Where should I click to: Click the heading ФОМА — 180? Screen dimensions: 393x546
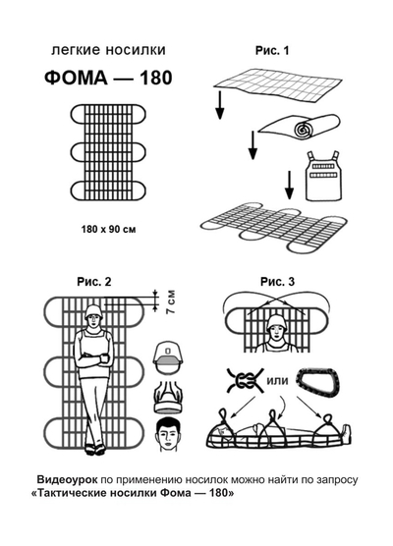coord(108,78)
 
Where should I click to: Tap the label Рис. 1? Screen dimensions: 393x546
coord(272,50)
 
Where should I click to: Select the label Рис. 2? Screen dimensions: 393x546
coord(94,282)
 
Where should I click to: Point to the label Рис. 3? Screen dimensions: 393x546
coord(277,282)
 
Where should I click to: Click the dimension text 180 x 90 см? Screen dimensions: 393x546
coord(108,230)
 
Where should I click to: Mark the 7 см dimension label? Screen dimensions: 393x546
coord(171,301)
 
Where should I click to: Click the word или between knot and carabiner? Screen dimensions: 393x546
coord(277,381)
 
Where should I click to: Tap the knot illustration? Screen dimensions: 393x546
coord(245,381)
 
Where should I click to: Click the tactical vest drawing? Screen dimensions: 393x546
coord(323,176)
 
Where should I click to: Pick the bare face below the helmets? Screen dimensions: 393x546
coord(169,435)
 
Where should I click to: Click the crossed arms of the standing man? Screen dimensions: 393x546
coord(93,359)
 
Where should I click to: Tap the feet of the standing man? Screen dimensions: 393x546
coord(94,449)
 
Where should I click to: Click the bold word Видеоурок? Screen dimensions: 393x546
coord(67,479)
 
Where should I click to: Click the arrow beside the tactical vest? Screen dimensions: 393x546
coord(289,185)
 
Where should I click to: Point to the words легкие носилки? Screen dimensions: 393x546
coord(108,50)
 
